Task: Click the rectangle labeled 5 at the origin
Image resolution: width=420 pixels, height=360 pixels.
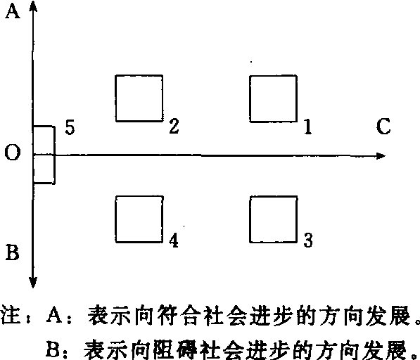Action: click(55, 155)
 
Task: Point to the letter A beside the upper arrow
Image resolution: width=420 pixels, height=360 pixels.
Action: click(13, 12)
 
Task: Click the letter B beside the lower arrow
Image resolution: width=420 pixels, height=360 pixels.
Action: click(13, 252)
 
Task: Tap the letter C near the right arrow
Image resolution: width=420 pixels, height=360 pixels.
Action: click(383, 126)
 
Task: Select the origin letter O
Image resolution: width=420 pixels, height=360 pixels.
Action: click(13, 153)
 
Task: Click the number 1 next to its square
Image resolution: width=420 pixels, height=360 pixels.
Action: click(308, 127)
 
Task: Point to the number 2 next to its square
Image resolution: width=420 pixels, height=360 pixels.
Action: click(174, 126)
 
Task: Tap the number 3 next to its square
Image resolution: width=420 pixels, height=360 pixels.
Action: click(308, 240)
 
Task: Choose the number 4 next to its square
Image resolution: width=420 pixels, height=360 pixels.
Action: click(174, 240)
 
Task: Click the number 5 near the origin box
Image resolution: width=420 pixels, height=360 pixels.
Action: click(70, 127)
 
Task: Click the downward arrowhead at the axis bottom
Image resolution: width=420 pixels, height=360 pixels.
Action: click(32, 282)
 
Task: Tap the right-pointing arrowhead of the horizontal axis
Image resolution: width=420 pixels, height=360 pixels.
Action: click(380, 156)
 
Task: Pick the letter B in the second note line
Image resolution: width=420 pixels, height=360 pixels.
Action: click(53, 349)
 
